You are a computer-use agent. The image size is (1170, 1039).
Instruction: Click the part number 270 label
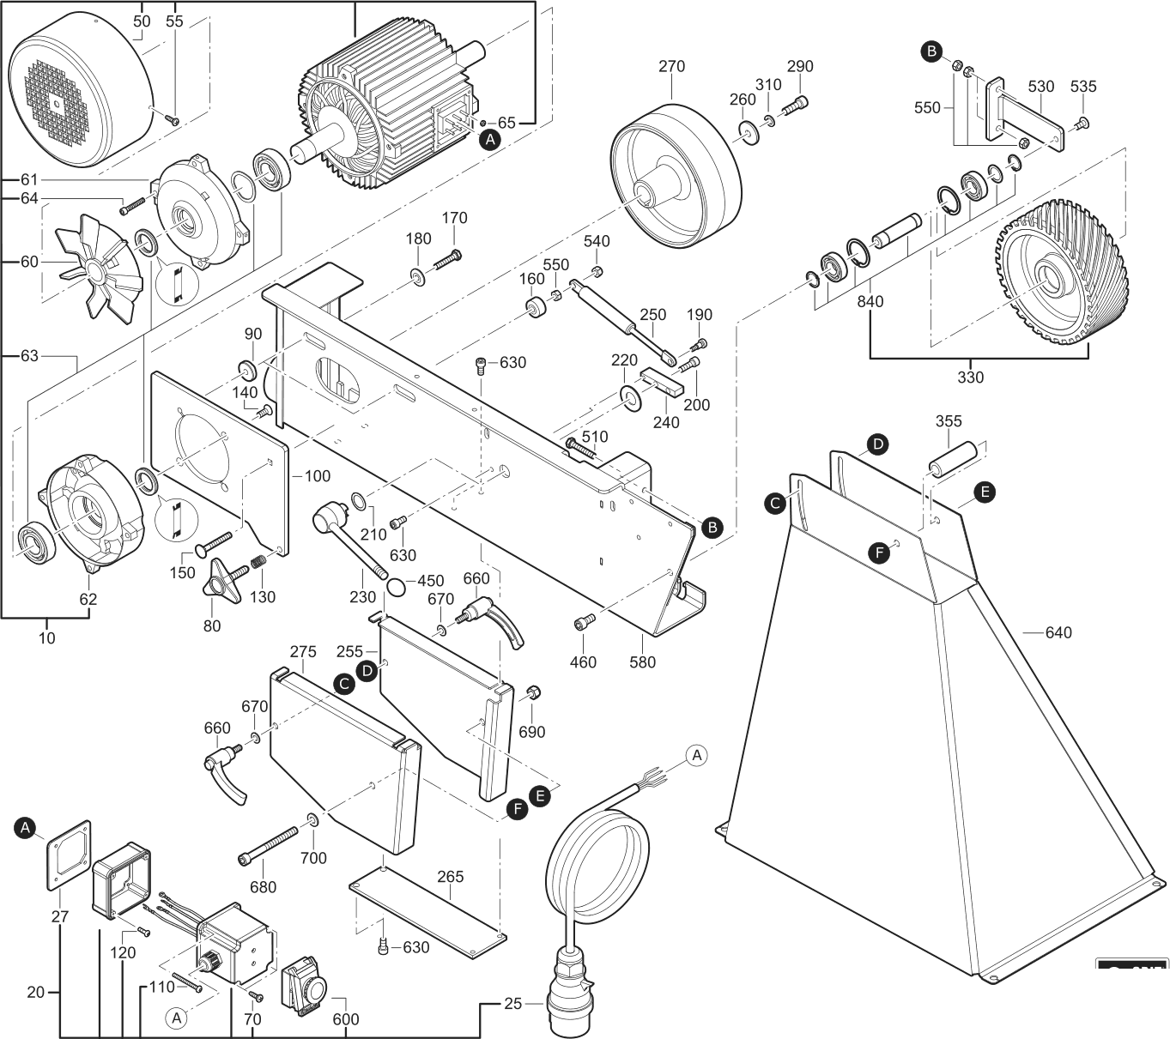[671, 66]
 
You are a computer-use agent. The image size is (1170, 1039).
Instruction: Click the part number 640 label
[1058, 633]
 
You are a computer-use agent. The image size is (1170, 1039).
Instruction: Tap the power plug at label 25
[568, 987]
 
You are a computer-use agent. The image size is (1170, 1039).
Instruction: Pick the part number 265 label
[450, 877]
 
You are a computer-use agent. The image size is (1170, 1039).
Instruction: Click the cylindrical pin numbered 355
[954, 456]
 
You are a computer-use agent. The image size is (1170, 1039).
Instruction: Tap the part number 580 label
[642, 661]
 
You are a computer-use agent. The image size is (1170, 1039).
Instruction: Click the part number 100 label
[317, 475]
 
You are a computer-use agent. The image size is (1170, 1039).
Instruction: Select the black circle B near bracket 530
[931, 51]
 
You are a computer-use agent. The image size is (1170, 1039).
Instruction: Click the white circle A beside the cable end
[697, 755]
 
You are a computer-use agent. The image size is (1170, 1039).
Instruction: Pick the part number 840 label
[870, 302]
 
